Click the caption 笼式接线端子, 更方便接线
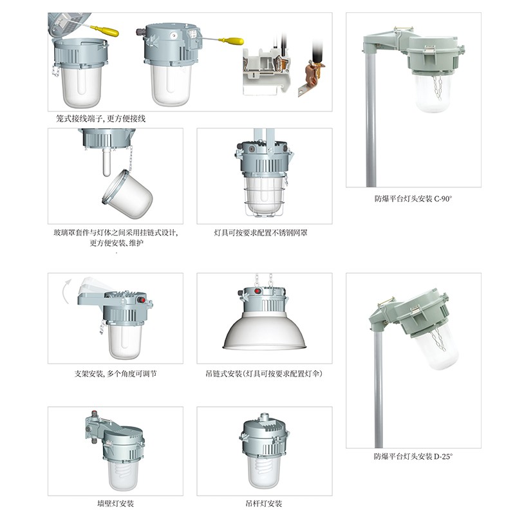100,118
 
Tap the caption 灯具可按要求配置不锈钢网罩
261,233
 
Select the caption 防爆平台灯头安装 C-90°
413,199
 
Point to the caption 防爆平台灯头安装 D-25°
413,456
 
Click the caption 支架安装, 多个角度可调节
115,374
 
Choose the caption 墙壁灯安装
116,503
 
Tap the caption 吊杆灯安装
264,503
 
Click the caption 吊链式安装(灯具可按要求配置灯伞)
264,374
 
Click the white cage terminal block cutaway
267,71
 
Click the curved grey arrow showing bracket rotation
67,291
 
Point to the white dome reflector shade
265,331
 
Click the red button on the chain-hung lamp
258,291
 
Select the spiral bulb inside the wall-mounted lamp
124,471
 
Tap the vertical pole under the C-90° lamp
371,119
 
